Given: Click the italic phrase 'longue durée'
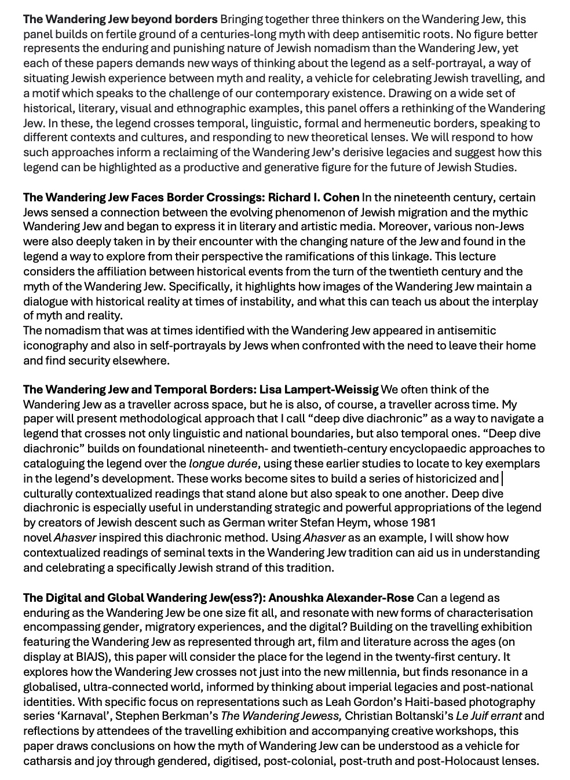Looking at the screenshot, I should (x=223, y=463).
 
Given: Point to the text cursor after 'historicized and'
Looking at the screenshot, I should (x=502, y=479).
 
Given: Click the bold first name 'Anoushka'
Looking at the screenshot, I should (x=295, y=598).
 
